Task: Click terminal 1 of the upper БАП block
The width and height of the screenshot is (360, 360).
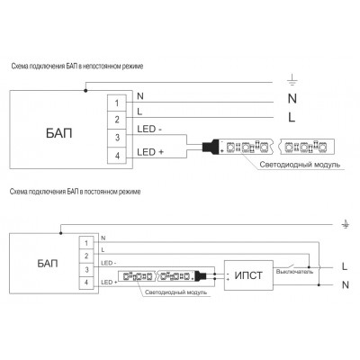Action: point(117,103)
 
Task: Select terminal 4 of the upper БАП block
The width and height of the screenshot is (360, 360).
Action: point(117,156)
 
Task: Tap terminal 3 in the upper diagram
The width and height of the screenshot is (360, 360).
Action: point(117,138)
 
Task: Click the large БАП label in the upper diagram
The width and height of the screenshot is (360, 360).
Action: point(59,133)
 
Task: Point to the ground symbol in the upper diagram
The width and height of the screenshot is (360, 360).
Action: point(292,80)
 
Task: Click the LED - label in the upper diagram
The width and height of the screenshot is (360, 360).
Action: point(149,129)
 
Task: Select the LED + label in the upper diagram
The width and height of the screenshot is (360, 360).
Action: point(150,152)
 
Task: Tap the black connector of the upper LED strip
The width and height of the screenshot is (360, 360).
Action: point(211,147)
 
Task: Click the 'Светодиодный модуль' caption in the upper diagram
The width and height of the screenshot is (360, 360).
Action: point(300,165)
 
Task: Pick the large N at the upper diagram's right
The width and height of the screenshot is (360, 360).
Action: point(292,98)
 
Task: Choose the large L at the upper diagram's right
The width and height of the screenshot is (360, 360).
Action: point(292,117)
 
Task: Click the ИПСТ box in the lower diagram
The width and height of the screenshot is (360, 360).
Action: point(248,275)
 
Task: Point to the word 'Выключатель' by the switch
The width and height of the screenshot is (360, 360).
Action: point(294,272)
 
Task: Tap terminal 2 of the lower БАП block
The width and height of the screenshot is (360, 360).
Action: point(86,256)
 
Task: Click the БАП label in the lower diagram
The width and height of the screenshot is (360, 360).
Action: point(48,264)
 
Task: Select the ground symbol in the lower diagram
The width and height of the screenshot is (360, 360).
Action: point(346,224)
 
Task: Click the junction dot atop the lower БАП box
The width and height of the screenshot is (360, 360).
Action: point(60,233)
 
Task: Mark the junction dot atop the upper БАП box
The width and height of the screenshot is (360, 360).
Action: point(85,90)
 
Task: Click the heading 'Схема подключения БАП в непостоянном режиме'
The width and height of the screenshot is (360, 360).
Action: point(77,66)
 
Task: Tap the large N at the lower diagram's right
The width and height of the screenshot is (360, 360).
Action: point(346,284)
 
